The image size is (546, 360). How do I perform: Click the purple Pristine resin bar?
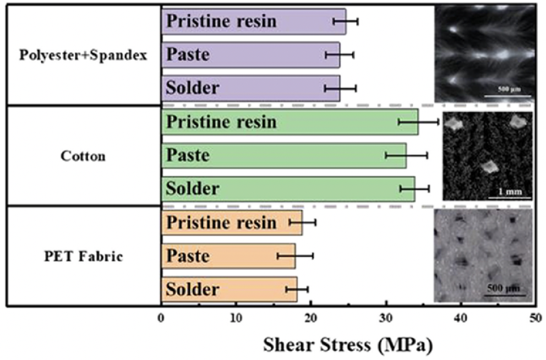[253, 21]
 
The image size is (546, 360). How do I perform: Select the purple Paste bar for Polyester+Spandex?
[250, 54]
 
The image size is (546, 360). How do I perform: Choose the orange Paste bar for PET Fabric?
[228, 256]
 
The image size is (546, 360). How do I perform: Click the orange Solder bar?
[229, 290]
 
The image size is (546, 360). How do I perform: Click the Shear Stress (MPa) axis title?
[348, 345]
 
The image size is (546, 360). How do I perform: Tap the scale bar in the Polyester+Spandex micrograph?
[507, 96]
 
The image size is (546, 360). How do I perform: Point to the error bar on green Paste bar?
[406, 156]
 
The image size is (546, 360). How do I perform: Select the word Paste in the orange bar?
[188, 256]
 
